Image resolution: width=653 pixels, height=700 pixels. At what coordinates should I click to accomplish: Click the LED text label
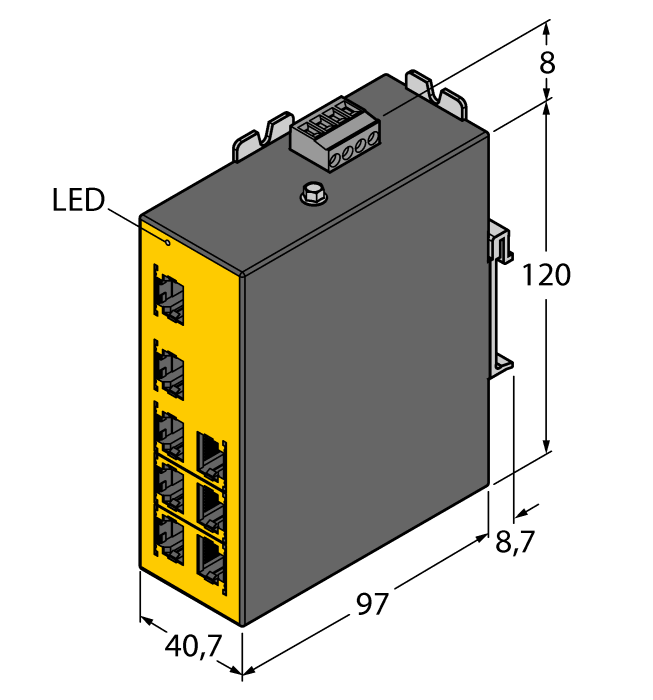point(78,201)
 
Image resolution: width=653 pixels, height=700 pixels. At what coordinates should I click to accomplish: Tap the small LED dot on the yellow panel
point(167,241)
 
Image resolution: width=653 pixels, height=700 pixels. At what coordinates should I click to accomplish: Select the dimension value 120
point(546,274)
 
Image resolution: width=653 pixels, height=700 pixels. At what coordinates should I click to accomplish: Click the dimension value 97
point(372,604)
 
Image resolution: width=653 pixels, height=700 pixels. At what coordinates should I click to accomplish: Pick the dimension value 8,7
point(514,543)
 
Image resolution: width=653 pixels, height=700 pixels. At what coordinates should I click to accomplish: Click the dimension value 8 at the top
point(547,62)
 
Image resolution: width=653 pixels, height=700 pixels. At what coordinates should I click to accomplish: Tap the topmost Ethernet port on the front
point(168,294)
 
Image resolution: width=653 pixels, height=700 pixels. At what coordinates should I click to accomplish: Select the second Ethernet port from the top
point(168,367)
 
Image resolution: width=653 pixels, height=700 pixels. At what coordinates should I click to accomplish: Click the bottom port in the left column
point(168,537)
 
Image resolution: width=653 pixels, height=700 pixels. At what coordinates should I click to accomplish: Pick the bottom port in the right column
point(212,561)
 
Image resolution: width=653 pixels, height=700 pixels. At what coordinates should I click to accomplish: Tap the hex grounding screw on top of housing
point(312,193)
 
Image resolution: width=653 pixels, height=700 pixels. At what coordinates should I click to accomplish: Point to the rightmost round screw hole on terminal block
point(373,137)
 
